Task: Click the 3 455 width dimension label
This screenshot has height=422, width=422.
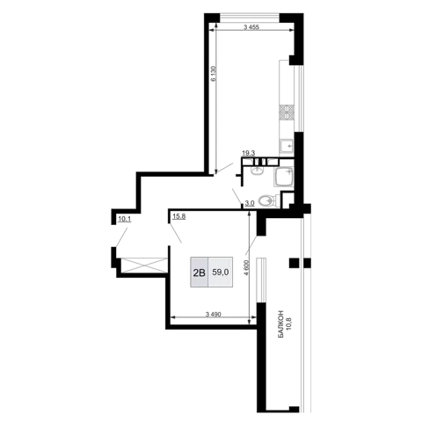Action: tap(251, 27)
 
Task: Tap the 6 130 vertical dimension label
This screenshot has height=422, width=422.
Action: tap(214, 74)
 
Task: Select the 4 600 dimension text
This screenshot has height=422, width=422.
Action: tap(247, 267)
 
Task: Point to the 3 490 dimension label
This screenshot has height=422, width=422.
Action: tap(213, 315)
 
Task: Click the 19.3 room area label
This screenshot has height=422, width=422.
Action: tap(249, 153)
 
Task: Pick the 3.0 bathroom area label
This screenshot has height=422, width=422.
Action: tap(250, 203)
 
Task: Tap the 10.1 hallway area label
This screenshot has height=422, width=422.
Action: tap(124, 218)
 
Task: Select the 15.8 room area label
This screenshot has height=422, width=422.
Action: tap(178, 216)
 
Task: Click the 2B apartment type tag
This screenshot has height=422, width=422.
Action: tap(200, 273)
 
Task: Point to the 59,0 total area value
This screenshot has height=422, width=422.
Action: tap(221, 273)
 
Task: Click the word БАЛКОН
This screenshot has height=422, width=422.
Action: tap(281, 324)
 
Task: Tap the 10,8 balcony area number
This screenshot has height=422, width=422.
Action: tap(291, 324)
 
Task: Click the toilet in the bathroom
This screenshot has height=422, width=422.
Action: tap(267, 200)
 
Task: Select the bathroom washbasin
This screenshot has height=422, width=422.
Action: tap(258, 170)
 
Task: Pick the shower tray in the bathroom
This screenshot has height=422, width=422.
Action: tap(284, 177)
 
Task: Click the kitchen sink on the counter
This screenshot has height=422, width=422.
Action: tap(287, 147)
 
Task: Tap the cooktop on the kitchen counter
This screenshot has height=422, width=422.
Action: tap(287, 113)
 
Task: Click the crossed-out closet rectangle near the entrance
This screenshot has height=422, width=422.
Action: tap(143, 266)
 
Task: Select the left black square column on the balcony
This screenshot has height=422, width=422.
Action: tap(294, 263)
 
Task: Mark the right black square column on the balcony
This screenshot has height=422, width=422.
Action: tap(307, 263)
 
